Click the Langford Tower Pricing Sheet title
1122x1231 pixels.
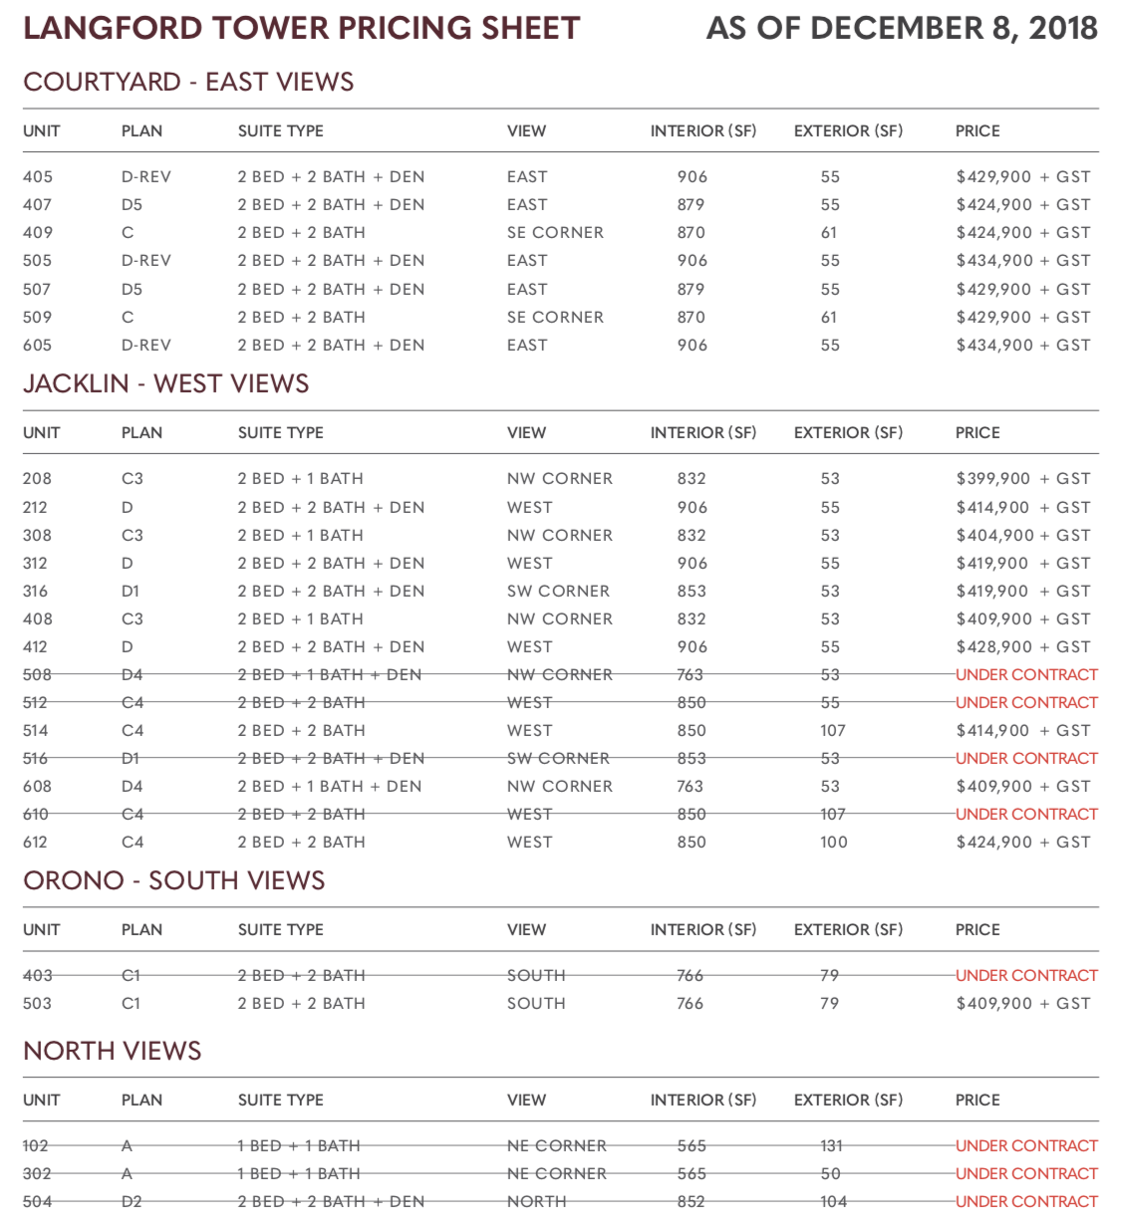[x=301, y=28]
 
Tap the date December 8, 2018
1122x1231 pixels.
[x=902, y=28]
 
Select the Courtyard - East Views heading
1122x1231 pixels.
[x=188, y=82]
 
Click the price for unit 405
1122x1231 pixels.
[x=1022, y=176]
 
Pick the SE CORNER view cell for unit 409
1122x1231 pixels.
[x=555, y=232]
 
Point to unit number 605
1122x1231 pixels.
[x=38, y=345]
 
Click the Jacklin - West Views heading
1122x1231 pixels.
[x=165, y=383]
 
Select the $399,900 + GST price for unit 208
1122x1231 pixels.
[x=1022, y=478]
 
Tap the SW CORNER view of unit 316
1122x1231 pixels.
[x=558, y=591]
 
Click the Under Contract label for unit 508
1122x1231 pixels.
[x=1026, y=674]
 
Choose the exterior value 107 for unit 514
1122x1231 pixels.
[x=833, y=730]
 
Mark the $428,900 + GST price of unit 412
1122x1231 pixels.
[x=1022, y=646]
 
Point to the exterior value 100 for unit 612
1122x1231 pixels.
[x=834, y=842]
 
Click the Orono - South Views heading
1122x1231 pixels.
[x=174, y=880]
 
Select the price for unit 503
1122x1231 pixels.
[x=1022, y=1003]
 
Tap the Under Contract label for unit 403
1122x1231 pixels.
[x=1026, y=975]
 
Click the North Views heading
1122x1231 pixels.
[x=112, y=1051]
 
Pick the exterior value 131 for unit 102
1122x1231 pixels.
[x=832, y=1145]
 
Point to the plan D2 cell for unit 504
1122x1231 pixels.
[x=132, y=1201]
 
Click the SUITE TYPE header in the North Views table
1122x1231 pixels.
[x=280, y=1100]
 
